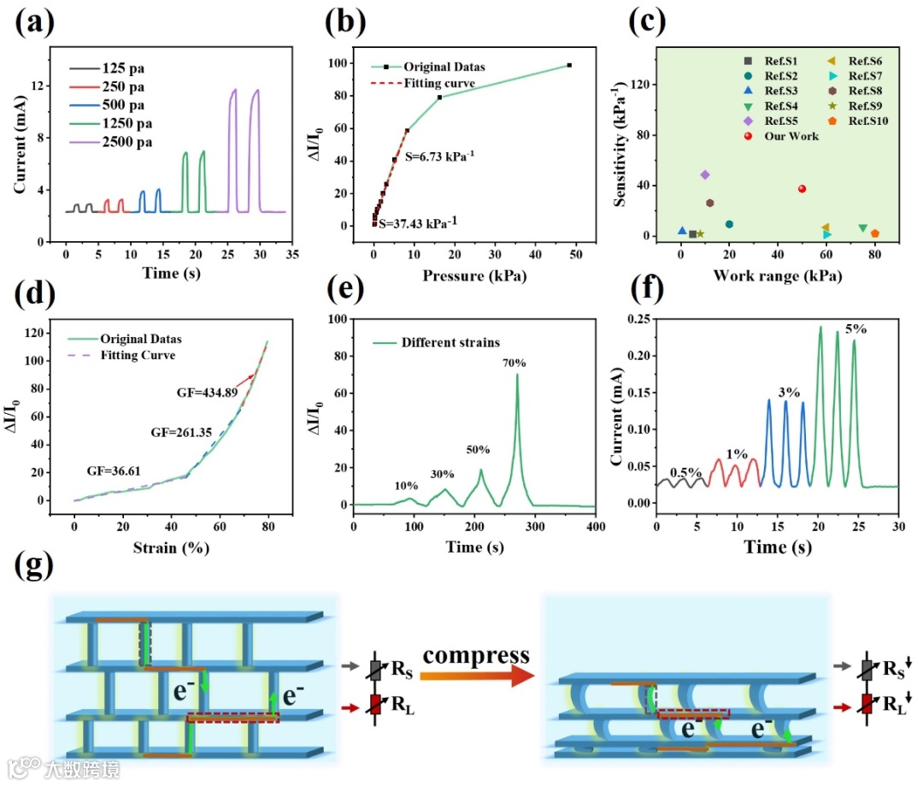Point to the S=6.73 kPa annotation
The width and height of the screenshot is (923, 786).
tap(439, 157)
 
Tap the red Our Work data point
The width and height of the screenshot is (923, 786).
tap(802, 189)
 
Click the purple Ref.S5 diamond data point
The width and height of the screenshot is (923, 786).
tap(705, 174)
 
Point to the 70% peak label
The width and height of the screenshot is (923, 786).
tap(514, 363)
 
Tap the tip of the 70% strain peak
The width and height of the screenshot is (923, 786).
tap(517, 375)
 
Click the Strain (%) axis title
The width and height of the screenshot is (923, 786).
tap(171, 548)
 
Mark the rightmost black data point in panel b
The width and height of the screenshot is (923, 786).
tap(568, 65)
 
